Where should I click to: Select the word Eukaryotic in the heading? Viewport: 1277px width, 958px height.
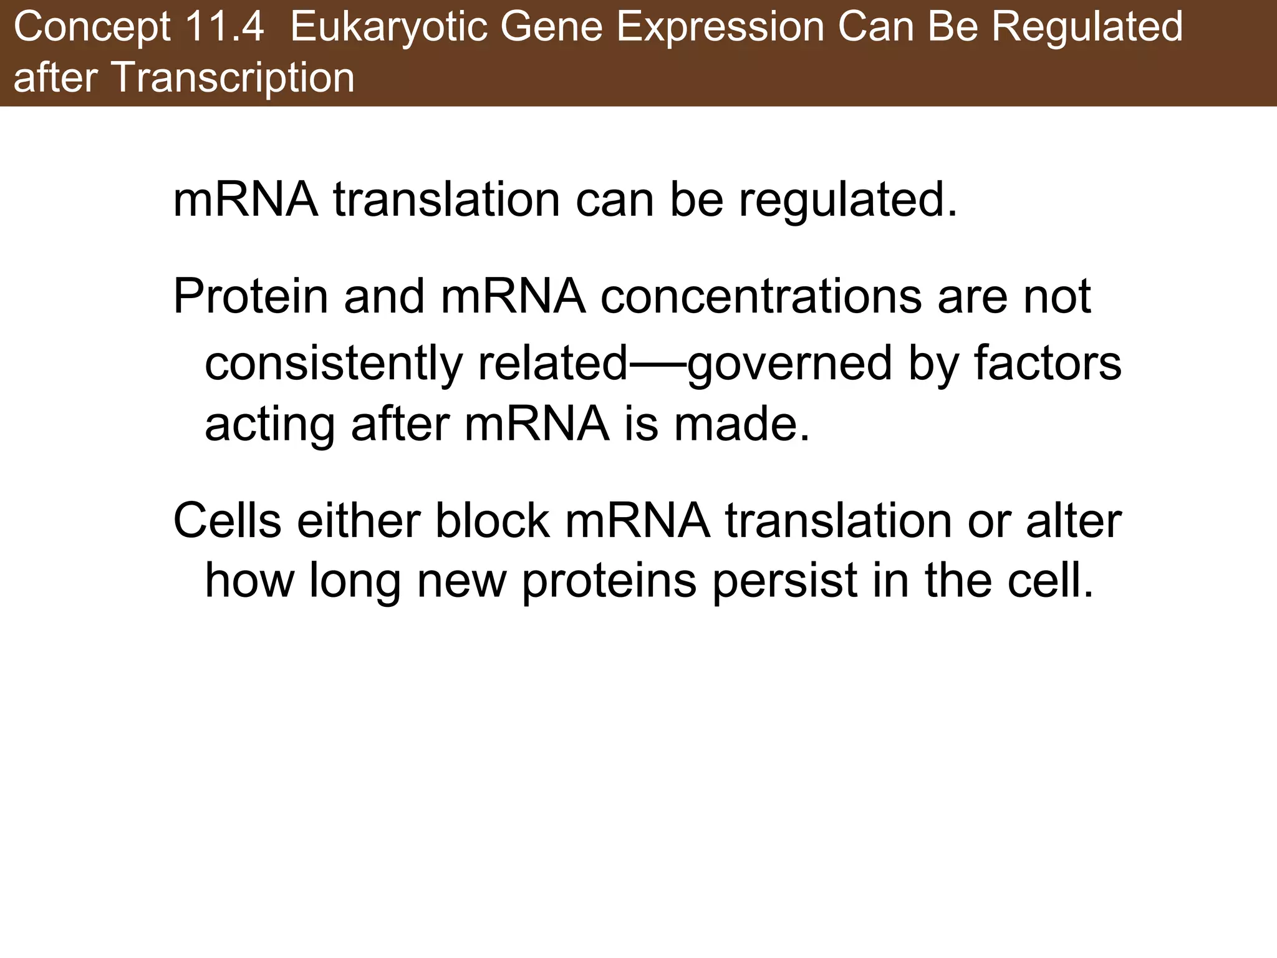point(388,27)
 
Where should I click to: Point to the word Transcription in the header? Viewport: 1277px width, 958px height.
point(231,79)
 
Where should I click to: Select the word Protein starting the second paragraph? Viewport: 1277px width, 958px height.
point(250,296)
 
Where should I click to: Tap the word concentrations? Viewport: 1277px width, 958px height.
point(761,296)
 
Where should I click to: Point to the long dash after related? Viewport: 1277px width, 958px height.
point(657,365)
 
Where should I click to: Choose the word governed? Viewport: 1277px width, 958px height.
point(789,364)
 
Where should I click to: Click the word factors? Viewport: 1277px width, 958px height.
point(1048,364)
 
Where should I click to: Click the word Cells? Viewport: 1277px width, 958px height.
point(227,521)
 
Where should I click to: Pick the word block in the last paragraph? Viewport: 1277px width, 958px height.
point(492,521)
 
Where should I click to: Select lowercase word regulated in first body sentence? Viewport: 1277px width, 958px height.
point(847,201)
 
